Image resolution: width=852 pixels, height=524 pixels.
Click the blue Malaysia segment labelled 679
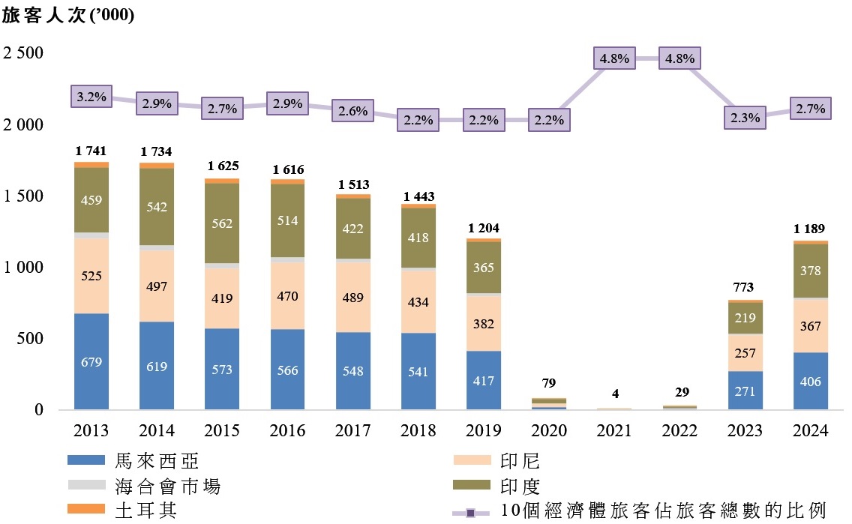coord(91,362)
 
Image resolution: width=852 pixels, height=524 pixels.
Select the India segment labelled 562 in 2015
coord(222,223)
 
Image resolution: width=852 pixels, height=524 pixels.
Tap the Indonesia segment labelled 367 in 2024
coord(810,326)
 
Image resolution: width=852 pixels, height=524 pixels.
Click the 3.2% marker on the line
coord(91,96)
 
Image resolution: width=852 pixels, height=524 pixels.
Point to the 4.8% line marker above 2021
coord(614,58)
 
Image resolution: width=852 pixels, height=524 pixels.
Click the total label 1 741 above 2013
coord(91,152)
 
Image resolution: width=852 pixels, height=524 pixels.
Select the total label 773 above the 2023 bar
coord(745,288)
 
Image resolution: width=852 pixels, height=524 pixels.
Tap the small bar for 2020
coord(549,403)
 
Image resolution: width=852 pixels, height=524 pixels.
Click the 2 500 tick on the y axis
coord(24,53)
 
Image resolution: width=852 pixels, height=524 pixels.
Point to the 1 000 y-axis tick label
coord(24,268)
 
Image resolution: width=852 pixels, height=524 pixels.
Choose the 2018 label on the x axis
coord(418,431)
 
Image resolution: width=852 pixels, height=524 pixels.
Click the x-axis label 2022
coord(679,431)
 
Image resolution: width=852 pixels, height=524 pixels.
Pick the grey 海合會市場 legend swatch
coord(88,486)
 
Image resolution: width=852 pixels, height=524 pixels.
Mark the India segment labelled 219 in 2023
coord(745,318)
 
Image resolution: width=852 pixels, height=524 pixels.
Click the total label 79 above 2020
coord(549,384)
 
